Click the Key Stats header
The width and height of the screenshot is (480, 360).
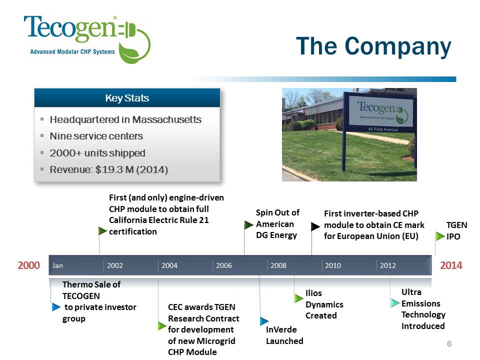pos(127,98)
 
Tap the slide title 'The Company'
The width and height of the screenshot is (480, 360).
pos(374,46)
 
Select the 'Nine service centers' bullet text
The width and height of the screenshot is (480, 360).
pos(96,136)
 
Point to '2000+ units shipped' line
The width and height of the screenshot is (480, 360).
pos(97,153)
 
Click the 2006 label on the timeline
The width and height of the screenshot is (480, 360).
pos(224,265)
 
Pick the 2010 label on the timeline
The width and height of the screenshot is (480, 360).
pos(333,265)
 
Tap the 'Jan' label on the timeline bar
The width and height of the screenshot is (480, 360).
pos(57,265)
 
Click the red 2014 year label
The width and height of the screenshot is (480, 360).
pos(451,265)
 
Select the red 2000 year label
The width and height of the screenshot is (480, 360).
pos(29,265)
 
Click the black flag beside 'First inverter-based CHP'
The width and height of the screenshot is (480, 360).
pos(315,226)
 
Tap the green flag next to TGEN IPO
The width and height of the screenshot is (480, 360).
pos(440,236)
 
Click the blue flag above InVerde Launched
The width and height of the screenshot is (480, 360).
pos(264,321)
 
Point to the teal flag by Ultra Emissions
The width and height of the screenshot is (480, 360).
pos(395,303)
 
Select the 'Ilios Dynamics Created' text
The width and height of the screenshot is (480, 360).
pos(324,304)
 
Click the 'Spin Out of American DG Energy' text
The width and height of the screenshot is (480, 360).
pos(277,224)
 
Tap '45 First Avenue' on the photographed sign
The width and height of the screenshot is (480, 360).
pos(382,129)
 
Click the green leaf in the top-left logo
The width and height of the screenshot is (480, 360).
pos(130,52)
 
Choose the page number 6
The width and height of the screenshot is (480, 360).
pos(449,344)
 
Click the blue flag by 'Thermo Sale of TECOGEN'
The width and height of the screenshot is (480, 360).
pos(56,307)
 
